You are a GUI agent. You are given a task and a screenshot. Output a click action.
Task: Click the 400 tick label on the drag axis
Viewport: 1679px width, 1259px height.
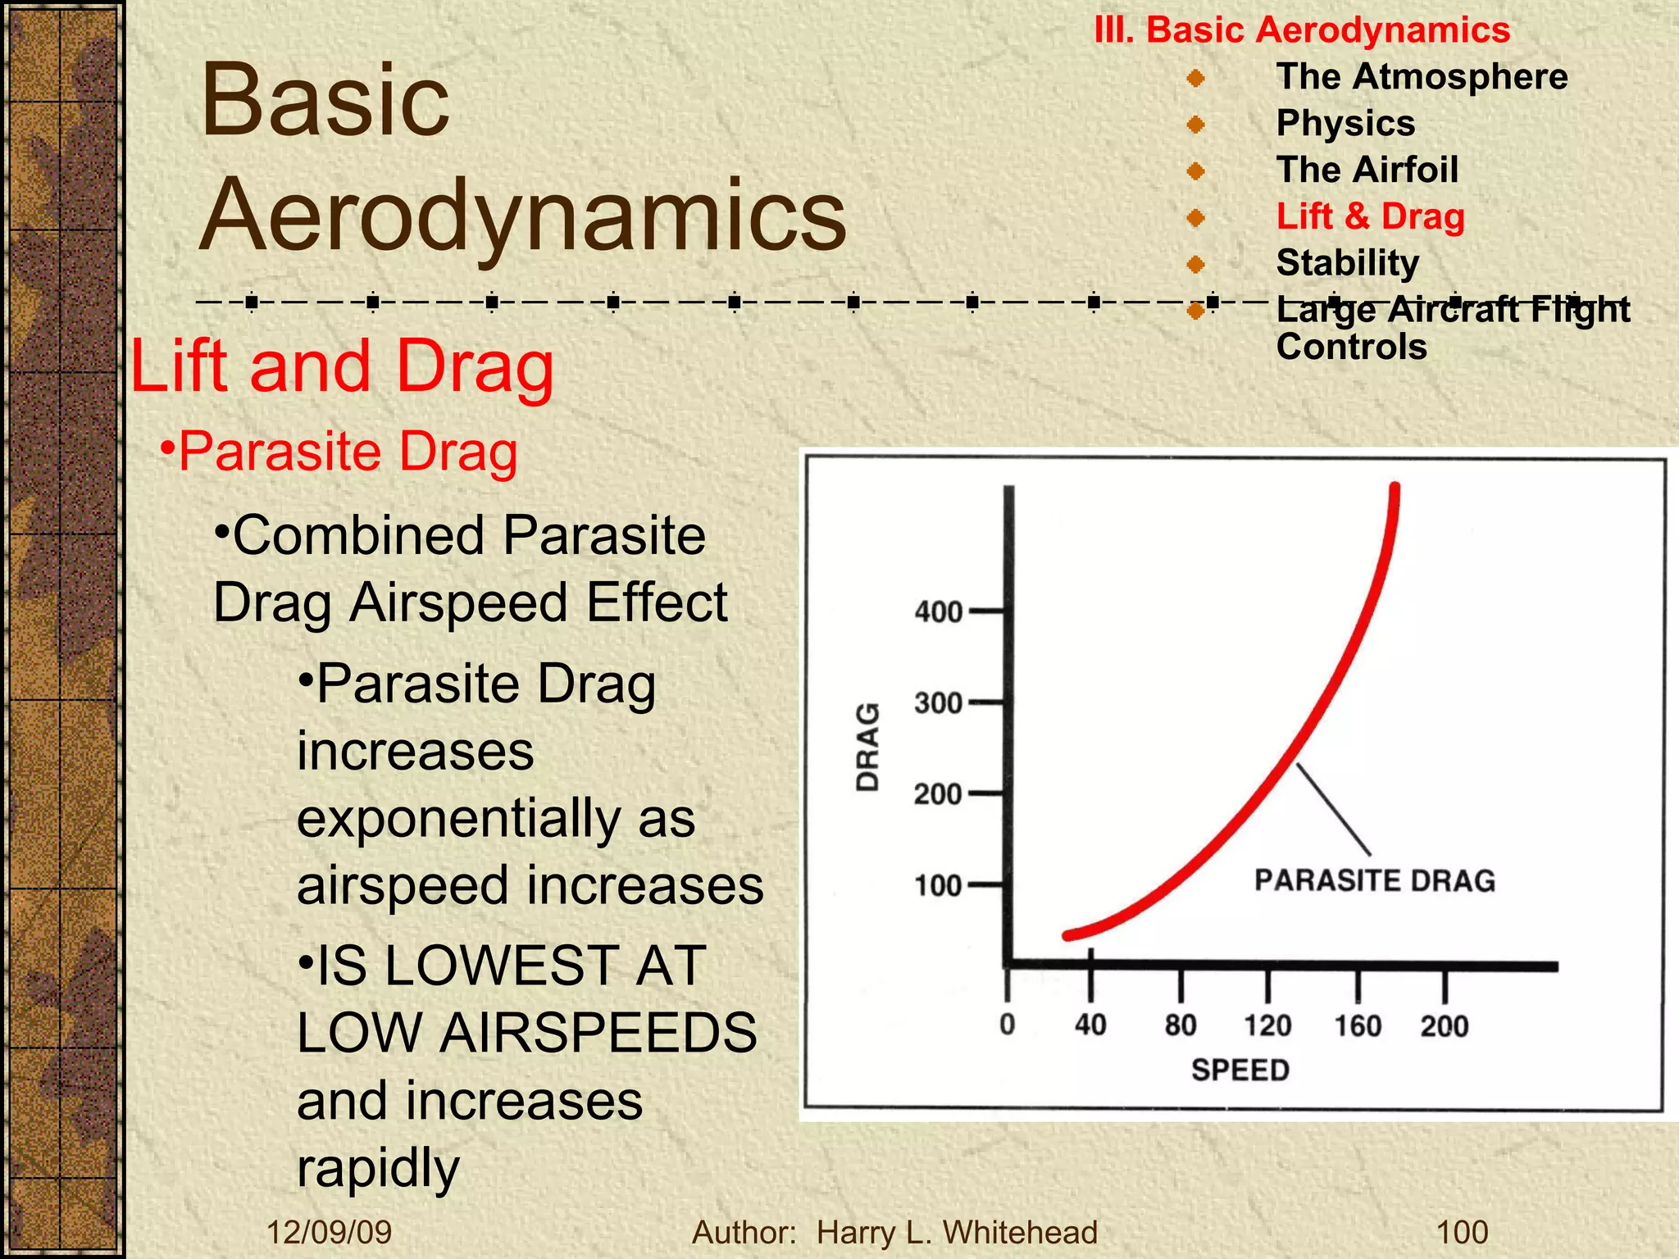pyautogui.click(x=938, y=612)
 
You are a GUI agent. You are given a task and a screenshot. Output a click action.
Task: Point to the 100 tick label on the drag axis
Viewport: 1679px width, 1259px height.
pyautogui.click(x=938, y=886)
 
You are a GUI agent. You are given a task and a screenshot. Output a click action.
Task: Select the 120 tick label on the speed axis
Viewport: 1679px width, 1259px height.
pyautogui.click(x=1267, y=1025)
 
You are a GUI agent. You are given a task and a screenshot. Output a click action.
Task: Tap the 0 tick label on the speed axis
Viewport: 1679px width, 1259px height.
pyautogui.click(x=1008, y=1025)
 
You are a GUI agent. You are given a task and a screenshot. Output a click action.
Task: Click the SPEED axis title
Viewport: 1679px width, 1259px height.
pyautogui.click(x=1240, y=1070)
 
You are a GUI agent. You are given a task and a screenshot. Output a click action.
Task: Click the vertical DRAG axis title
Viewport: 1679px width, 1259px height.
pyautogui.click(x=867, y=747)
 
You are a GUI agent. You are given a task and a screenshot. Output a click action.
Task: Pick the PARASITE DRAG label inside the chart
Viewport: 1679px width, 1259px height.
pyautogui.click(x=1375, y=880)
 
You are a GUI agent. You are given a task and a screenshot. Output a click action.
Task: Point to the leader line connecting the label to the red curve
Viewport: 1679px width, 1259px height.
pyautogui.click(x=1333, y=810)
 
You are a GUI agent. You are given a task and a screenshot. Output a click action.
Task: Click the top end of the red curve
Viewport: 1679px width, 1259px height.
pyautogui.click(x=1395, y=490)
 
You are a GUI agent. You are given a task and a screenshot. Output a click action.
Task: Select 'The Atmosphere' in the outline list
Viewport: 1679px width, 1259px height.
pyautogui.click(x=1422, y=77)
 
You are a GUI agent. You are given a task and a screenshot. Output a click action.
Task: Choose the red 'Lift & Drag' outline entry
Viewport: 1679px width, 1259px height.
pyautogui.click(x=1370, y=216)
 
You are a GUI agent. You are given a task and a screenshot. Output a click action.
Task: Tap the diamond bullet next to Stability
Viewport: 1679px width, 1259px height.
pyautogui.click(x=1196, y=264)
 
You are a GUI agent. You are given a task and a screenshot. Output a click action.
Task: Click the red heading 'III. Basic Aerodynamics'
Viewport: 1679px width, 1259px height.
pyautogui.click(x=1302, y=30)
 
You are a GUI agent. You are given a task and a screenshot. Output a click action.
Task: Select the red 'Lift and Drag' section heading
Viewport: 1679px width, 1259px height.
pyautogui.click(x=343, y=366)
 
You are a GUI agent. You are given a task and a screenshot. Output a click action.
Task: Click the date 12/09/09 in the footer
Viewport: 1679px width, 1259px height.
pyautogui.click(x=330, y=1233)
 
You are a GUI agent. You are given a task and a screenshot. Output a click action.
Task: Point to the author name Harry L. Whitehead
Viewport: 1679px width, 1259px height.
pyautogui.click(x=957, y=1233)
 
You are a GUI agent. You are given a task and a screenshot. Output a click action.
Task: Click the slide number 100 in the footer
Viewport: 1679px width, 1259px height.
pyautogui.click(x=1462, y=1233)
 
